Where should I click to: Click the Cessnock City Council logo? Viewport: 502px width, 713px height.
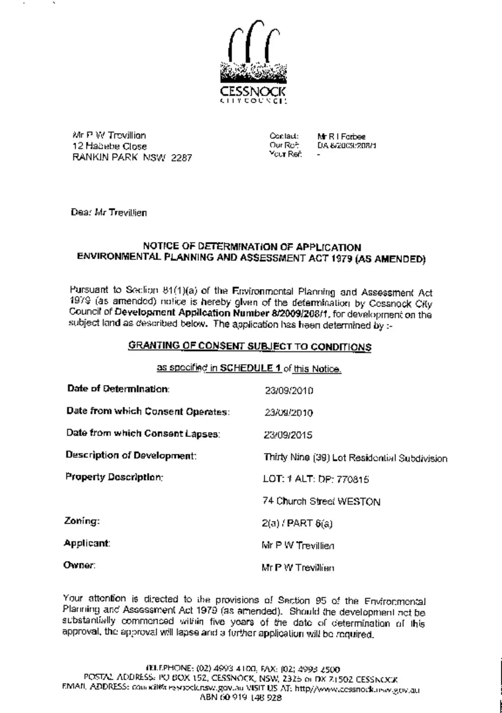tap(253, 62)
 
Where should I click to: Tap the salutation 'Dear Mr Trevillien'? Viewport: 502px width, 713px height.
tap(109, 212)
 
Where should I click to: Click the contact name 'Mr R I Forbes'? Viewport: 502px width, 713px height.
tap(341, 136)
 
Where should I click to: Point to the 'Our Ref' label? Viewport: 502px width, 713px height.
tap(283, 145)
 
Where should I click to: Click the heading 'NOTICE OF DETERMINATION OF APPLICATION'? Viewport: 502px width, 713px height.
tap(252, 247)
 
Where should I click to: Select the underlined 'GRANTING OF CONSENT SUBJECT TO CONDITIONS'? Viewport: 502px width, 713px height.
tap(250, 347)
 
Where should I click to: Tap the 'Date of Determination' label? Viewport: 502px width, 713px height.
tap(118, 389)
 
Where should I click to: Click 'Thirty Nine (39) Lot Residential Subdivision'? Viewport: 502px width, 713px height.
tap(355, 458)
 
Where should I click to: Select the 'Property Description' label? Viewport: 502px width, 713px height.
tap(114, 477)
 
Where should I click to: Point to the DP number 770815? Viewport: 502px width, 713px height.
tap(352, 480)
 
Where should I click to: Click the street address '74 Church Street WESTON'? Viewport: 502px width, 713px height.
tap(321, 501)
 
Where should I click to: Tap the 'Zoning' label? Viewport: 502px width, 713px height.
tap(82, 521)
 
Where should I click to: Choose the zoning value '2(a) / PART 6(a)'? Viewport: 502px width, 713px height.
tap(297, 523)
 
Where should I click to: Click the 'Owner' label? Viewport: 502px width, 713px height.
tap(79, 566)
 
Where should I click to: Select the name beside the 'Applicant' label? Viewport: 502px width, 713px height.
tap(298, 546)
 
